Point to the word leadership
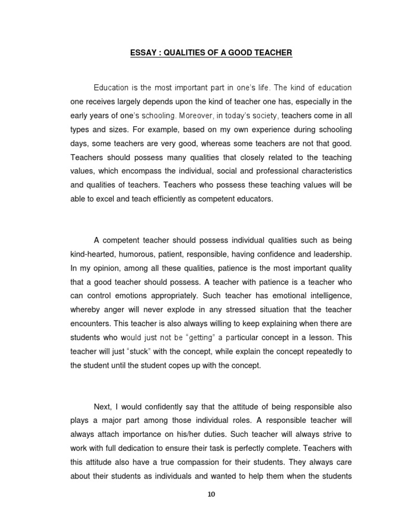click(332, 255)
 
